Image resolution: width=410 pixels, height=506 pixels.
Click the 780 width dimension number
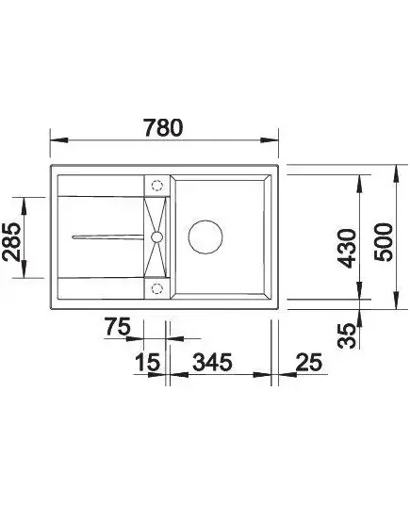pos(163,127)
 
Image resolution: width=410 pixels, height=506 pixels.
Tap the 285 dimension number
pos(11,241)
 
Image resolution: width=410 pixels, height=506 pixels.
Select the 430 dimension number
pos(346,249)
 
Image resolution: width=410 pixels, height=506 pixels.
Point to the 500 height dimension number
pos(384,242)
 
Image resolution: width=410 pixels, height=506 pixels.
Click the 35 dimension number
pos(347,336)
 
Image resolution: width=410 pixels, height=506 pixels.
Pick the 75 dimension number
pos(118,327)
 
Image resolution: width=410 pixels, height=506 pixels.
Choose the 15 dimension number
pos(148,362)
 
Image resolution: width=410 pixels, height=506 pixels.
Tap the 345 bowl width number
pos(212,362)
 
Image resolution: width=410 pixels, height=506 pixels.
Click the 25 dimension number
pos(309,362)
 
